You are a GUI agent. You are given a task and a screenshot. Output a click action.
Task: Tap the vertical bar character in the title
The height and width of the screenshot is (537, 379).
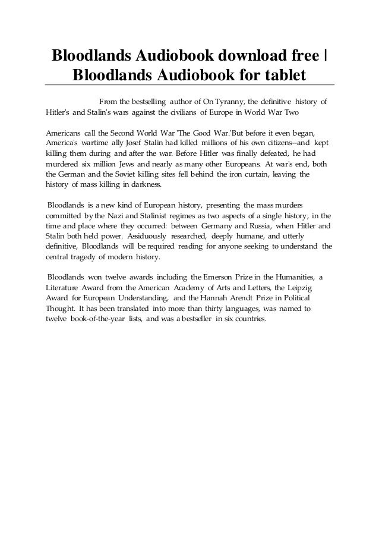point(326,55)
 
